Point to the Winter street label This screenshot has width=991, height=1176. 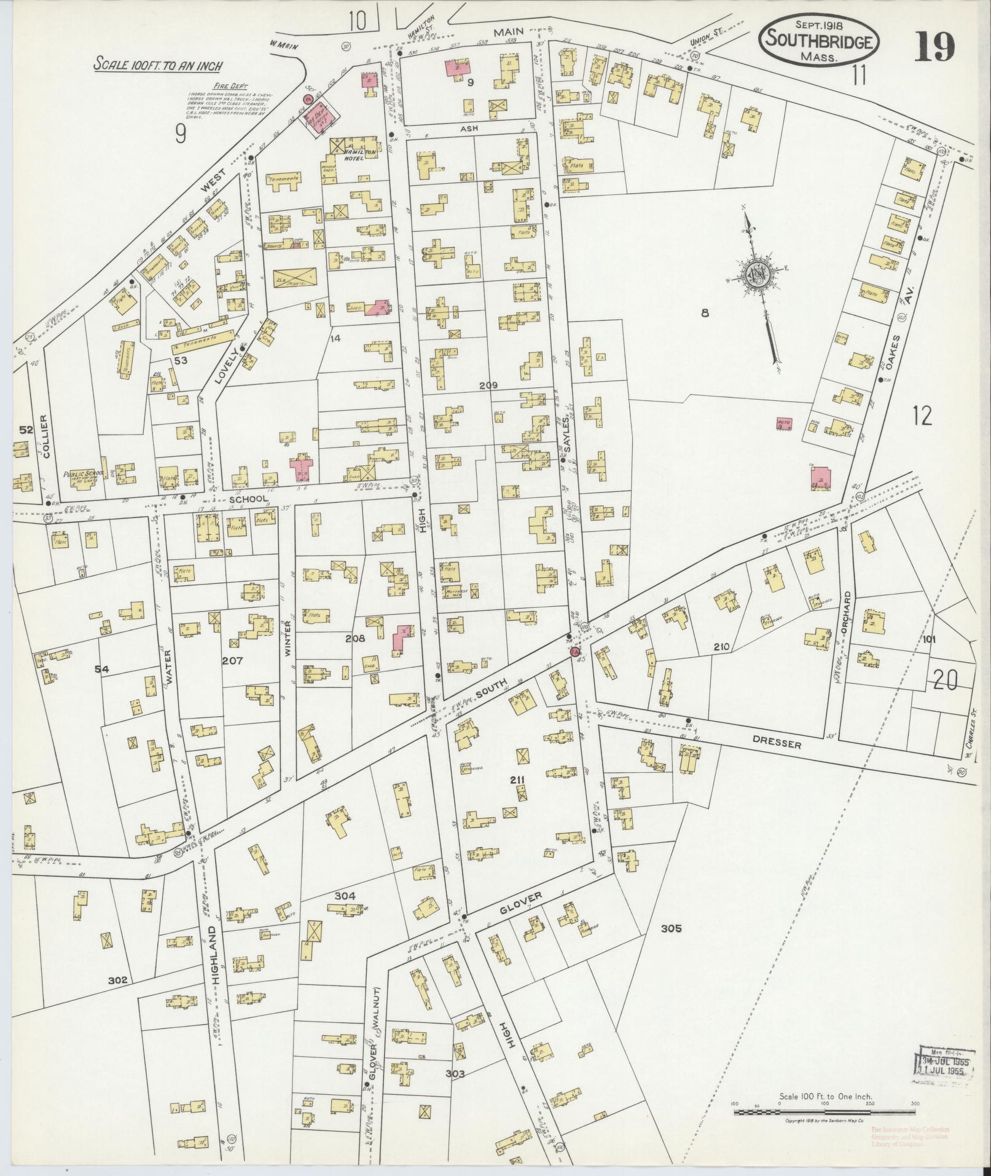click(287, 639)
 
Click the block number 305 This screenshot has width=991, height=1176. click(671, 945)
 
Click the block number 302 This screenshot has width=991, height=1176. click(117, 980)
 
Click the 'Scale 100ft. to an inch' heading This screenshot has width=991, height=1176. click(158, 64)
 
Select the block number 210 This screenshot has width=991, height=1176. click(721, 647)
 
